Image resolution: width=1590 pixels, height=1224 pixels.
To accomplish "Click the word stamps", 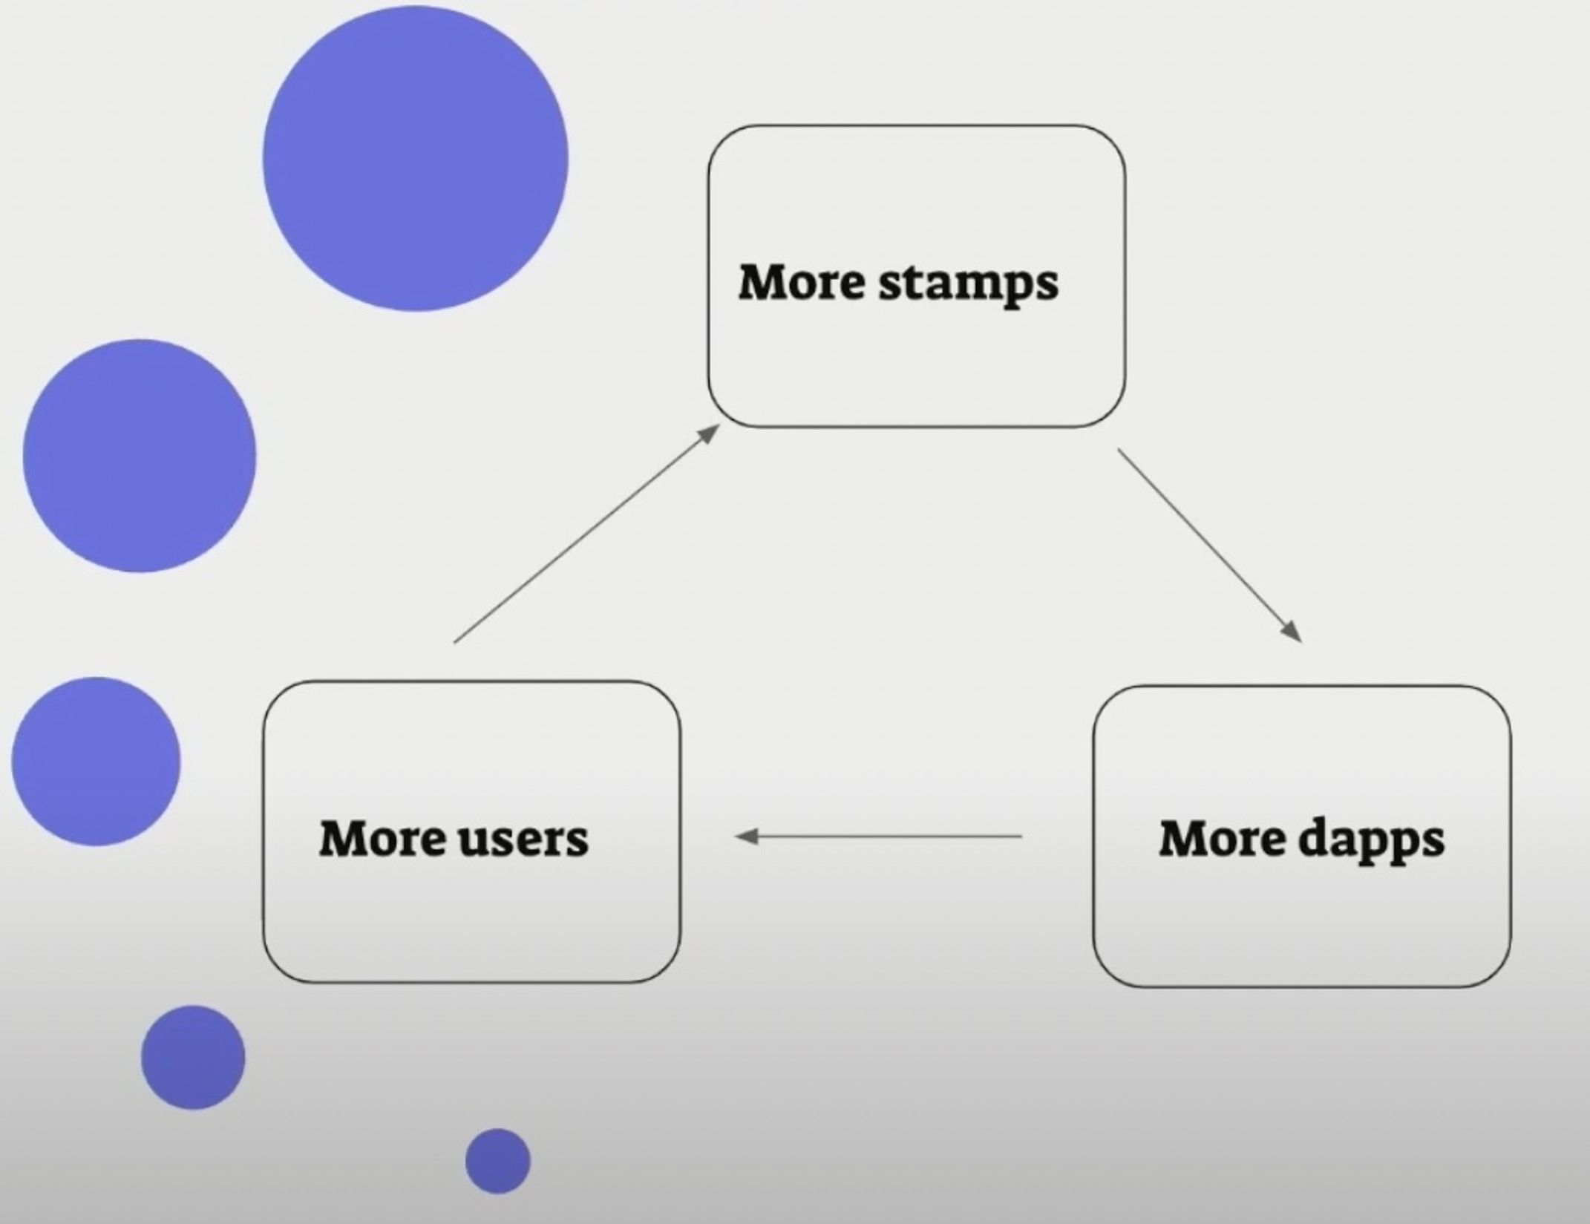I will pos(969,284).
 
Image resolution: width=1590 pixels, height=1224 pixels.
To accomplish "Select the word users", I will pos(523,839).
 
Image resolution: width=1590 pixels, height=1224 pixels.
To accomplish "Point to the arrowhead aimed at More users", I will pos(745,837).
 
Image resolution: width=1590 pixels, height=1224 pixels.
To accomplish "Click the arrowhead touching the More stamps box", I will pos(709,433).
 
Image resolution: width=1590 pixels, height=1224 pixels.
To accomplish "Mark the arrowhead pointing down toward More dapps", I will pos(1292,632).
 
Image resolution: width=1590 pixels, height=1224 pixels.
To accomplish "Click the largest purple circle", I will pos(416,159).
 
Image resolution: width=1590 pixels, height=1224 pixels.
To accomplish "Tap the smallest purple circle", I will pos(498,1161).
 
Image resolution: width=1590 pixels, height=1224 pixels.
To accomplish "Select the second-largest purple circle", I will pos(140,456).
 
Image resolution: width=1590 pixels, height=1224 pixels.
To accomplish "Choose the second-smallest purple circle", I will pos(193,1057).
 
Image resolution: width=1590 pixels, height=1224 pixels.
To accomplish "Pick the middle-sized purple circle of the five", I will pos(96,761).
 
